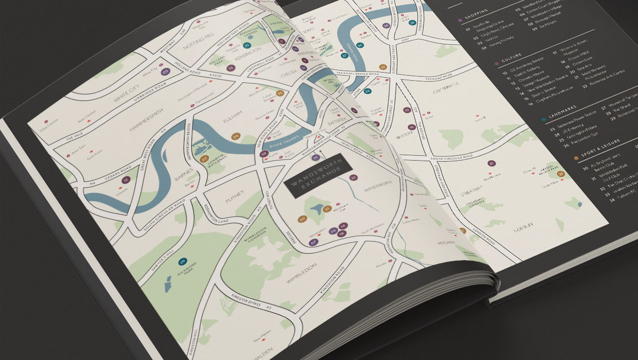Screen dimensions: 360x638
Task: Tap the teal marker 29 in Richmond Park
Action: click(x=183, y=262)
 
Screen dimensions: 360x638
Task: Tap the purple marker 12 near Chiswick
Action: click(x=126, y=181)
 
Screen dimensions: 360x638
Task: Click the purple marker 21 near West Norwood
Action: click(x=492, y=163)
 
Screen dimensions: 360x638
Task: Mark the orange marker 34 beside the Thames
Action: click(x=236, y=136)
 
